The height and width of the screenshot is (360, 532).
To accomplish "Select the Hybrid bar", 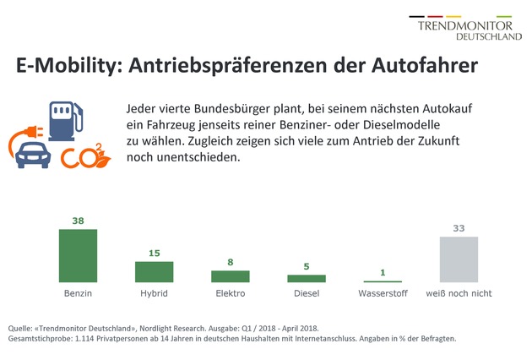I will click(154, 271).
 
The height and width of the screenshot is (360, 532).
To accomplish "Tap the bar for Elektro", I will click(230, 276).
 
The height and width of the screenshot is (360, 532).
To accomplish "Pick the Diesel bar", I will click(306, 278).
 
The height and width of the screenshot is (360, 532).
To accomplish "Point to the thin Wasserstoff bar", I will click(383, 281).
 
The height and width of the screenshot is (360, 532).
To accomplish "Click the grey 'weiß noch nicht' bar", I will click(459, 259).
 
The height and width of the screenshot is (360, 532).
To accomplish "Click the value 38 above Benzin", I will click(77, 221).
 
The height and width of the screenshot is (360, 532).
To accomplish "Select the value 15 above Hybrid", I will click(154, 253).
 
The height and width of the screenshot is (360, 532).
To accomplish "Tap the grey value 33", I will click(459, 228).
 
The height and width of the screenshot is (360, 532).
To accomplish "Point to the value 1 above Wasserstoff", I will click(383, 271).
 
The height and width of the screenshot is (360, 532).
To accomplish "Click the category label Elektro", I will click(230, 293).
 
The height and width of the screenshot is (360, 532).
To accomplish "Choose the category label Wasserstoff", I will click(383, 293).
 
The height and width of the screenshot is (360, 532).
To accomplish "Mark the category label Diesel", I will click(306, 293).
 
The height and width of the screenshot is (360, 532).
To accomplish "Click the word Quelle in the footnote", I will click(23, 327).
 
